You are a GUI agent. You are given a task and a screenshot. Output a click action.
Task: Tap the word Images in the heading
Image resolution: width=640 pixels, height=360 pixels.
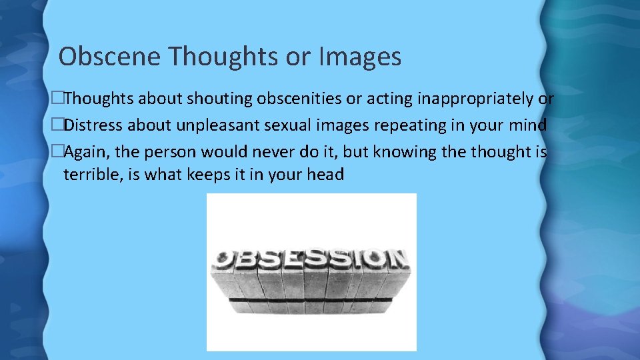(360, 57)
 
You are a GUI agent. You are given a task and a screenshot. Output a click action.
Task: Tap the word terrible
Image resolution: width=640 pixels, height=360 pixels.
(91, 175)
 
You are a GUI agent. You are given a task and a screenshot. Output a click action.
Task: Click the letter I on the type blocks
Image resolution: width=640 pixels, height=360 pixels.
(353, 257)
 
